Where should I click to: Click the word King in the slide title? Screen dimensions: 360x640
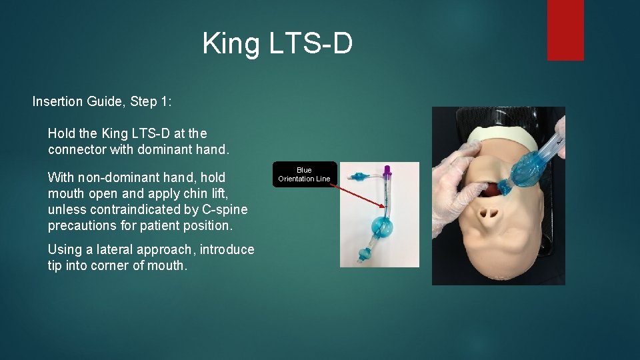(x=227, y=44)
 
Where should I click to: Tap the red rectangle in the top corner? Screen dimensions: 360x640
(x=565, y=30)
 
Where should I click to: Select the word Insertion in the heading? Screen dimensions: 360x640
(x=57, y=102)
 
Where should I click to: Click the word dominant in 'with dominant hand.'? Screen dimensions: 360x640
(x=165, y=150)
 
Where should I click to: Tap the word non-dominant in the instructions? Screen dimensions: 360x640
(x=125, y=177)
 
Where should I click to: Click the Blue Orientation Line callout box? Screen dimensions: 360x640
(x=304, y=174)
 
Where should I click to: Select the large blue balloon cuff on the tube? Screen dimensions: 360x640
(x=381, y=227)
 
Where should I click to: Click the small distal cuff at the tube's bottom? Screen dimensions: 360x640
(x=365, y=254)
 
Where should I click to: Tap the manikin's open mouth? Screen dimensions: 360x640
(x=491, y=189)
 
